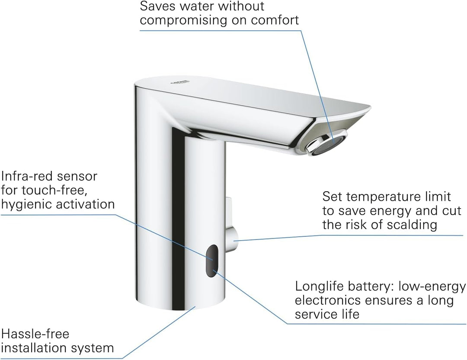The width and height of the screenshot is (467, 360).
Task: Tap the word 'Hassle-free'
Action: (35, 334)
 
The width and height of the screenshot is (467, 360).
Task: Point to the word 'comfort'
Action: (275, 20)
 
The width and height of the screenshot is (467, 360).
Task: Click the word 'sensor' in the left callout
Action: (79, 177)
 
